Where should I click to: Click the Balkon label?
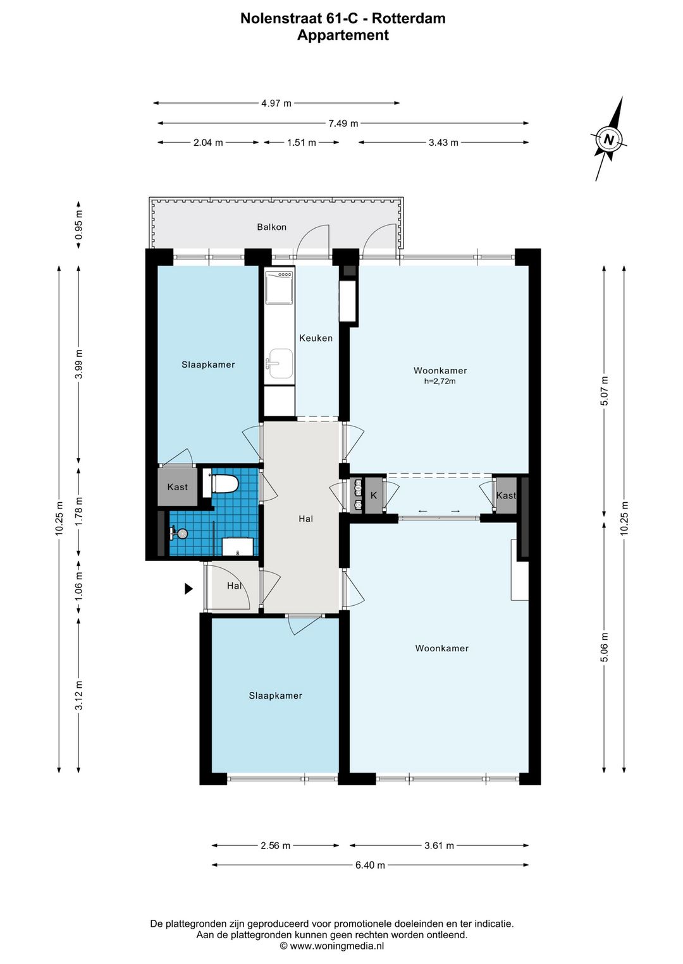[271, 227]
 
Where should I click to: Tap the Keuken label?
[316, 338]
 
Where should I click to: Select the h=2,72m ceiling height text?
[440, 381]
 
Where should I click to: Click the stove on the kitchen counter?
[280, 287]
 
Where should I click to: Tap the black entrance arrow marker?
[188, 588]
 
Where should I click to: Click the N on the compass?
[608, 140]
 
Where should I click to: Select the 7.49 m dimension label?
[343, 124]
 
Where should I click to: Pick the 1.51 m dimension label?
[302, 142]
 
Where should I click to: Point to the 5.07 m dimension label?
[604, 391]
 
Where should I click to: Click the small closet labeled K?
[374, 495]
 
